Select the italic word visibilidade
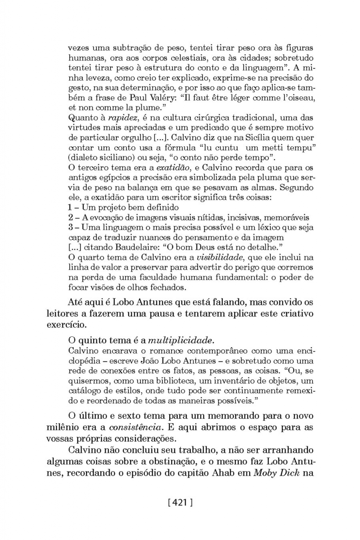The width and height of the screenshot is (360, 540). coord(225,258)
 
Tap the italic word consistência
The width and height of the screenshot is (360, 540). coord(135,427)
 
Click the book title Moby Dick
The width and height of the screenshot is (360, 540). coord(277,473)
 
